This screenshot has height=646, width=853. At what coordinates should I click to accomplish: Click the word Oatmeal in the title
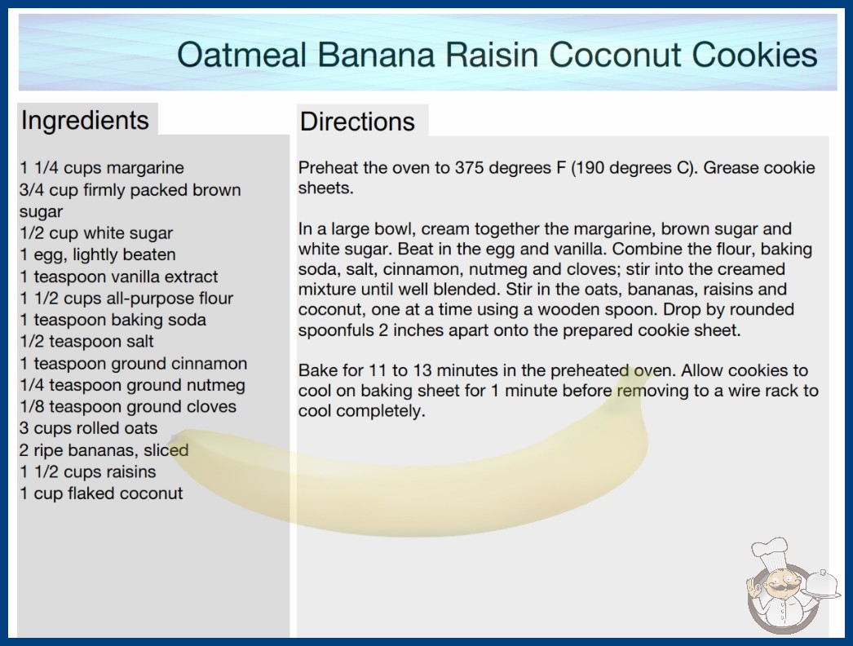click(243, 55)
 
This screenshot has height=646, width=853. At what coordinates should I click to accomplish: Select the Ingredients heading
click(85, 121)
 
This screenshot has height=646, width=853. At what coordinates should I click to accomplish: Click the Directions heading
click(357, 122)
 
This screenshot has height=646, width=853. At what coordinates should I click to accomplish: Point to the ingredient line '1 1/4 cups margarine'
click(102, 168)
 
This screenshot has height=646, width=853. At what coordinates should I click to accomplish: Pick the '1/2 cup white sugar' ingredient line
click(96, 233)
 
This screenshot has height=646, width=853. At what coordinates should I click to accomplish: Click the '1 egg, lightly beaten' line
click(98, 254)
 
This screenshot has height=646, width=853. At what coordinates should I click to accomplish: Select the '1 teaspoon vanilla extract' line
click(118, 277)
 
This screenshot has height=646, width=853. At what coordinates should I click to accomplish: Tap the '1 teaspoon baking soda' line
click(113, 320)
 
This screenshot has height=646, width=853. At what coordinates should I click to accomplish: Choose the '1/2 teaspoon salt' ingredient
click(86, 341)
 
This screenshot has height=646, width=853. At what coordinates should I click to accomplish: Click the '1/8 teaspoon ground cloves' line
click(128, 406)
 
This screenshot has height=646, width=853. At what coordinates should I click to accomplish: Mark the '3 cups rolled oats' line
click(89, 428)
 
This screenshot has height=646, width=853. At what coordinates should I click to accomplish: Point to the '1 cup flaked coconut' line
click(101, 493)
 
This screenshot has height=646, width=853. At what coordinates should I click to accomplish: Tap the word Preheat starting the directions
click(328, 168)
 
